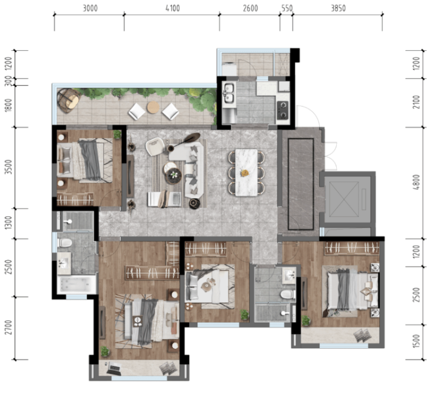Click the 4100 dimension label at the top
click(173, 9)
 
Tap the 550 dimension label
click(287, 9)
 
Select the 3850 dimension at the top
click(338, 9)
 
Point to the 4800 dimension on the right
click(416, 182)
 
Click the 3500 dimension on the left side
click(9, 167)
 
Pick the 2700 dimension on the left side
click(9, 327)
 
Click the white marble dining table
click(246, 173)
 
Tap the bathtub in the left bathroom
click(76, 285)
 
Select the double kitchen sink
click(229, 93)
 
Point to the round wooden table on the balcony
click(153, 107)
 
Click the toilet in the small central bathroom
click(288, 295)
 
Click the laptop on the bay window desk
click(114, 368)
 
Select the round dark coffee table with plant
click(173, 175)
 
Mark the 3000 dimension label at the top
click(90, 9)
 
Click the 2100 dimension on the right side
click(416, 102)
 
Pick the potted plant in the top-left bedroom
click(117, 134)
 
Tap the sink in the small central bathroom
click(289, 276)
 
